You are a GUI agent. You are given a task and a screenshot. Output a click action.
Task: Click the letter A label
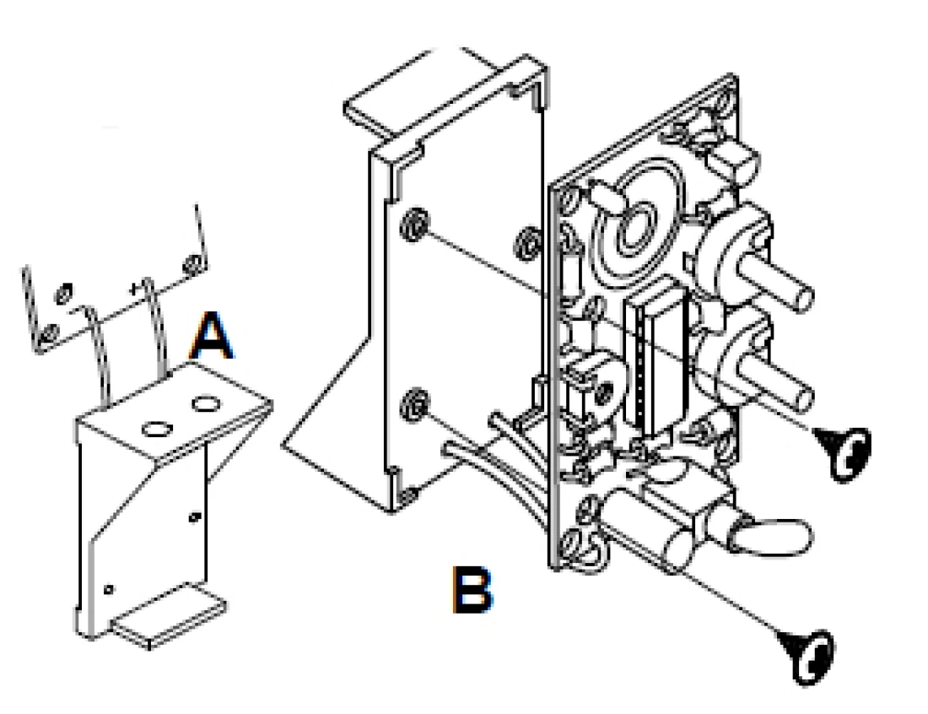tap(211, 336)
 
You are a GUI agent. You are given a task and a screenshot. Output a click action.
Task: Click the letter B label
tap(472, 589)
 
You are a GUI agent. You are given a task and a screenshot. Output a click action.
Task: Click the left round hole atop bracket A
tap(158, 430)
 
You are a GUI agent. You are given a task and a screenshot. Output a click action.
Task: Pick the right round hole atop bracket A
tap(206, 404)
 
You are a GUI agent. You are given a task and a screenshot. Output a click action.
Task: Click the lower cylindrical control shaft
tap(775, 383)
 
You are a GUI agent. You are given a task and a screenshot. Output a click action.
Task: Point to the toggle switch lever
tap(770, 537)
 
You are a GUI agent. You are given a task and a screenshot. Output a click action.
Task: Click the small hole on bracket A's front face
tap(193, 517)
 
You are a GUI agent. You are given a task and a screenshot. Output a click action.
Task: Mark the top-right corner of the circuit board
tap(736, 75)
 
